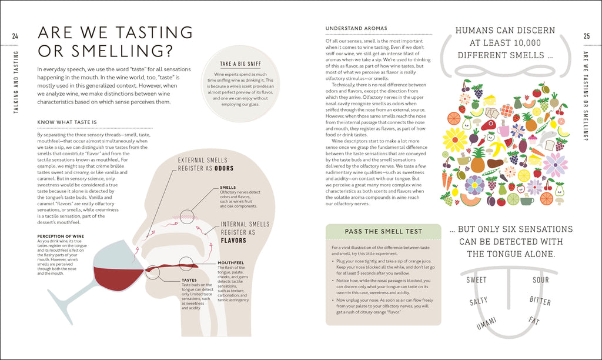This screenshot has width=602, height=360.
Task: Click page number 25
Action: click(586, 36)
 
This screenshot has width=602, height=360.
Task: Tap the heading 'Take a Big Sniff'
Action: click(240, 64)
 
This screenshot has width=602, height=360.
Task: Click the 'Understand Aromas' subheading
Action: click(356, 28)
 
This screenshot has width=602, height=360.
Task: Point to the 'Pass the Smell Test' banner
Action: click(383, 231)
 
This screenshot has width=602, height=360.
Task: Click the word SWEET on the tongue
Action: click(476, 280)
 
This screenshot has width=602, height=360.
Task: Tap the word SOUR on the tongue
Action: click(540, 280)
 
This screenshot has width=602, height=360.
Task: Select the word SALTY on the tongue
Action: click(478, 302)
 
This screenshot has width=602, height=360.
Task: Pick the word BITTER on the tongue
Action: click(540, 301)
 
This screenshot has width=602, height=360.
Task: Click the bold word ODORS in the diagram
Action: click(223, 168)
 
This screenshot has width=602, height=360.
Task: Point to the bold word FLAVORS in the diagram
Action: click(233, 240)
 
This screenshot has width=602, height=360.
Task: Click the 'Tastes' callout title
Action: click(189, 280)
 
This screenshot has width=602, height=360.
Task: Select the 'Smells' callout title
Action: click(228, 188)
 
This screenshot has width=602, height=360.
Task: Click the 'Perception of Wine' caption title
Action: click(59, 236)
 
